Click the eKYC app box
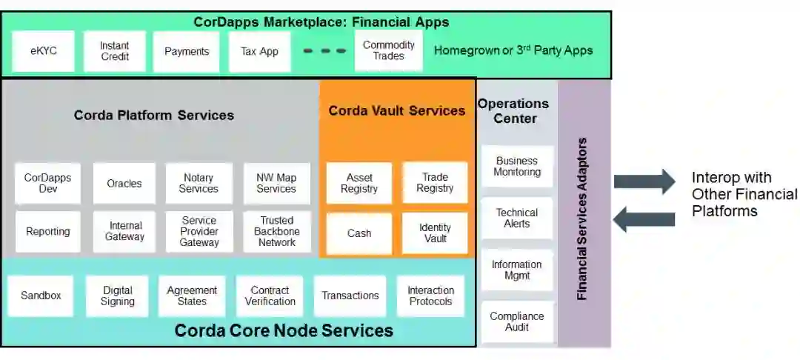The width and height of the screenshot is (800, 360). click(x=44, y=51)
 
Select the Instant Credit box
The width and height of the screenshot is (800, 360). click(x=115, y=51)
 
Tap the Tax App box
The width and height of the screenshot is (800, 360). click(x=259, y=52)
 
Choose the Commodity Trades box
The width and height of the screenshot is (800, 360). click(x=389, y=50)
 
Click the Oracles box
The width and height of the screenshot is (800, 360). click(x=124, y=184)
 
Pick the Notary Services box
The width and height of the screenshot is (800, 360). click(x=199, y=184)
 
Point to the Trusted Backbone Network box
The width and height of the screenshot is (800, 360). click(x=277, y=232)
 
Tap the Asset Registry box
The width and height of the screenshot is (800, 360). click(x=359, y=184)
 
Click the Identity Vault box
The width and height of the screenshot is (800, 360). click(x=435, y=233)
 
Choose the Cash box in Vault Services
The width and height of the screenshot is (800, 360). click(x=359, y=233)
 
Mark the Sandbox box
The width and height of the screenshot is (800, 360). click(x=41, y=296)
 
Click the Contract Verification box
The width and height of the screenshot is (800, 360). click(x=270, y=296)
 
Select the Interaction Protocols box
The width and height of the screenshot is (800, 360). click(x=430, y=296)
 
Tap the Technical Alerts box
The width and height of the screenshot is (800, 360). click(x=517, y=218)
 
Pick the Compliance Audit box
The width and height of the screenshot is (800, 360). click(x=517, y=321)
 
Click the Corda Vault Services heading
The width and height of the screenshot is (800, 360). click(x=397, y=111)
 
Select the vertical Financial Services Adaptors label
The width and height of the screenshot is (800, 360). click(x=582, y=219)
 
